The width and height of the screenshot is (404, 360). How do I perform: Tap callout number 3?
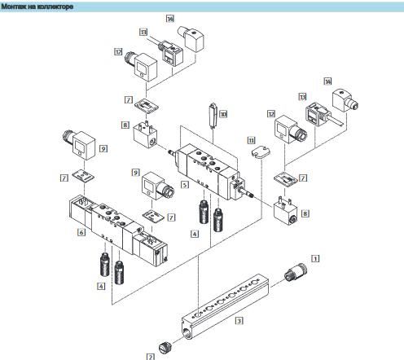[x=239, y=321]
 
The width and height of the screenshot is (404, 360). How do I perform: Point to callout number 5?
[x=185, y=185]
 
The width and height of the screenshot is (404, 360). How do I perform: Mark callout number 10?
[x=222, y=115]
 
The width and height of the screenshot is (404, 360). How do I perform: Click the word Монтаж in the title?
[x=16, y=6]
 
